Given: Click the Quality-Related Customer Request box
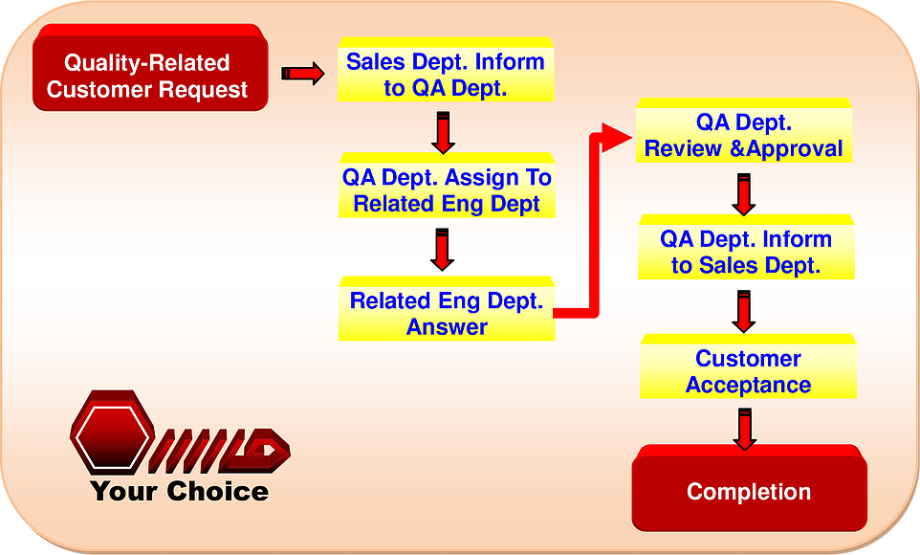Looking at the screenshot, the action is [150, 68].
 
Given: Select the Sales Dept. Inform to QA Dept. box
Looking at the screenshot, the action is [446, 70].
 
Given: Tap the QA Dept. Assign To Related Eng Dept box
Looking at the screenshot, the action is [447, 186].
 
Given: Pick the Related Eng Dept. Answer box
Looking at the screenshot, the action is [447, 309].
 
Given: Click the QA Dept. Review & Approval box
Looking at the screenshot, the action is [744, 130].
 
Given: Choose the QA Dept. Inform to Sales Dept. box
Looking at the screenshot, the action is [746, 247].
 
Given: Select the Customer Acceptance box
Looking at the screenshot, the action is [748, 366].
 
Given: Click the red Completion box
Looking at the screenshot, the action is [749, 488].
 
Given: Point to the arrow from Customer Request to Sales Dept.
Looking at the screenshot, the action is [303, 74].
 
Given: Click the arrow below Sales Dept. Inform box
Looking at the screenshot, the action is [443, 133].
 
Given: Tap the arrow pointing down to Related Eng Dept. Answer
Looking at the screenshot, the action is [442, 250].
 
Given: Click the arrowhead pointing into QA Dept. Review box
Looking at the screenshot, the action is [617, 138].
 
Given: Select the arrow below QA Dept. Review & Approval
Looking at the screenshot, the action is [743, 194].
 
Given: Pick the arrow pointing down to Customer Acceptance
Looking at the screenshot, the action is [743, 312].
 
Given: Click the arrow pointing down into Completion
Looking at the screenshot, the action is [745, 430].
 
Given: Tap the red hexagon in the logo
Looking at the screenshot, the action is [113, 433].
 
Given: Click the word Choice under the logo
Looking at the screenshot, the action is [218, 492].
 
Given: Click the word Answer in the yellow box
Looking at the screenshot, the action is [447, 327].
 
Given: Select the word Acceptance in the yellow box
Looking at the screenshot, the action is [748, 386].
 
